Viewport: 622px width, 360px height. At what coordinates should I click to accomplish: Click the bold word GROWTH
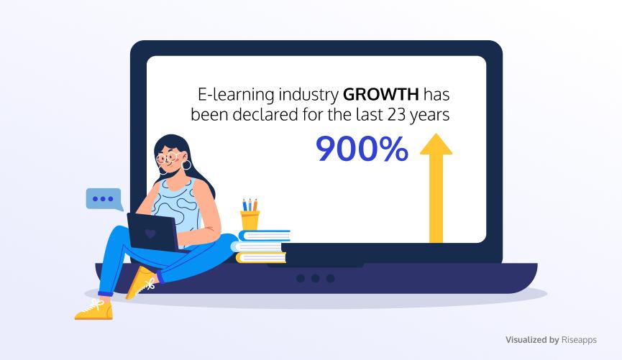381,95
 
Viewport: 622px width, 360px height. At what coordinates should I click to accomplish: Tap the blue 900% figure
362,149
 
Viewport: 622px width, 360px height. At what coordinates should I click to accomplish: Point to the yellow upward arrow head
436,144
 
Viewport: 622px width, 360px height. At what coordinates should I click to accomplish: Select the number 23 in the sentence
397,114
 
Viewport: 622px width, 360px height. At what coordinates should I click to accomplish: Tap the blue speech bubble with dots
104,200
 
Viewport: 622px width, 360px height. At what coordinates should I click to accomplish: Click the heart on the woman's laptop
150,233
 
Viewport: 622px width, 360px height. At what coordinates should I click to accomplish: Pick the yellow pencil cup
250,221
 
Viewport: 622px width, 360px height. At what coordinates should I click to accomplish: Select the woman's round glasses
168,158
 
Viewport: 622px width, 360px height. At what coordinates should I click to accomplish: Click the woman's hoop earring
186,165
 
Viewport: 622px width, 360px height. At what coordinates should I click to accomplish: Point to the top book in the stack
264,236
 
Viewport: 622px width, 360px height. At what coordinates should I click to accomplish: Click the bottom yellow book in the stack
260,258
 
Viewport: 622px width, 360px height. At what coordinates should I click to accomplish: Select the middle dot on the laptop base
316,279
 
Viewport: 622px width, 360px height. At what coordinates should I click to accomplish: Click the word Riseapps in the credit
579,340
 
